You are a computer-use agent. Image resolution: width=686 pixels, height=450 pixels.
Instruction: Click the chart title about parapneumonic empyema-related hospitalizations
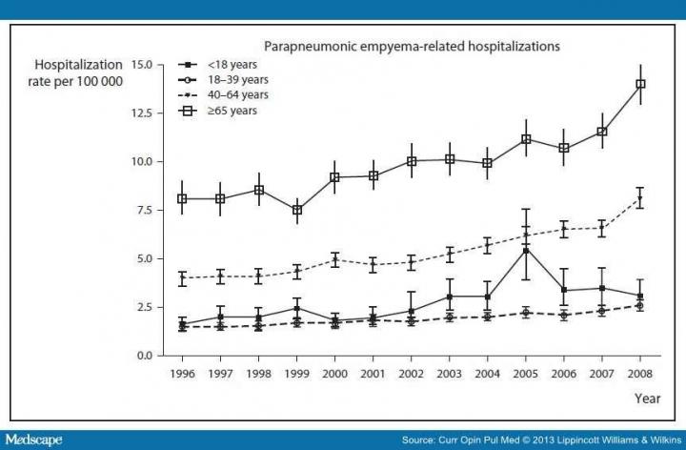coord(412,45)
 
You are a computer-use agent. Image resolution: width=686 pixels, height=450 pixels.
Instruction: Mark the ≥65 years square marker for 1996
coord(182,198)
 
